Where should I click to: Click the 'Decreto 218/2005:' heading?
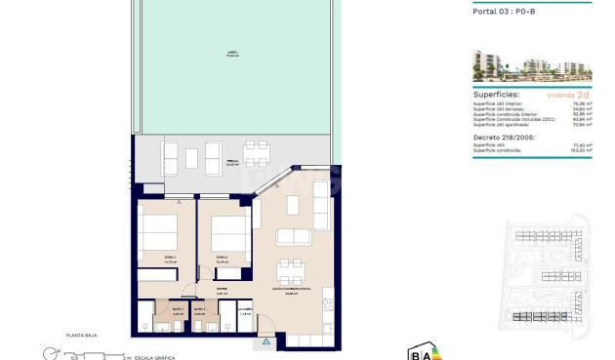point(503,137)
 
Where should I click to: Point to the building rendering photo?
point(533,64)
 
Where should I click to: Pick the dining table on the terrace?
point(257,153)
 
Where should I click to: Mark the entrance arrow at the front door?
point(263,343)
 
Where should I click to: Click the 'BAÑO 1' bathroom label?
point(177,309)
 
